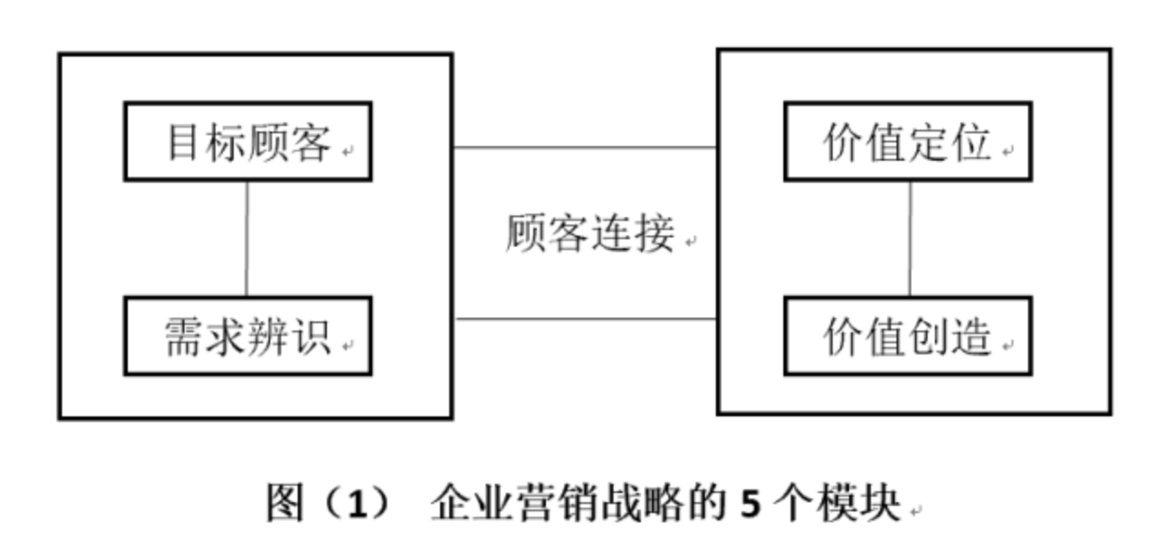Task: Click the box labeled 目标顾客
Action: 247,142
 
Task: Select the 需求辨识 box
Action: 247,335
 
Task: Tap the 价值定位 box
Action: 907,142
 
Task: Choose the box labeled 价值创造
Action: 907,335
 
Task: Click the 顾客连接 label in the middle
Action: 589,234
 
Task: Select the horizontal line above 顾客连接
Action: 584,147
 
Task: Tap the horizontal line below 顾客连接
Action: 584,319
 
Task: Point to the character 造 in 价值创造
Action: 971,336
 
